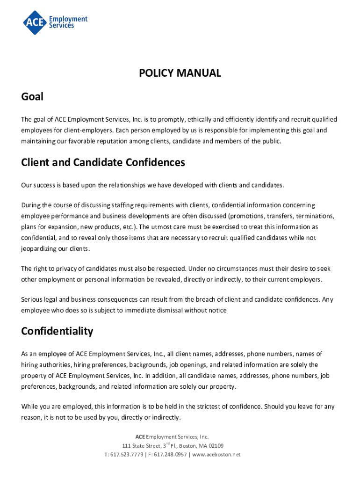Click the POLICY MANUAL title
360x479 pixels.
(180, 73)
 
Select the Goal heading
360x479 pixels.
(32, 97)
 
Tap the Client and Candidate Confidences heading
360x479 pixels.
(103, 162)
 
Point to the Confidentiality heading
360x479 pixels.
(57, 331)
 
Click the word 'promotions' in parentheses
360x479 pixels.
(247, 216)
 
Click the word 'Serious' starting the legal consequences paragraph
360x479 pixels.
(32, 299)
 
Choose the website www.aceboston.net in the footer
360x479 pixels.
(216, 455)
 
